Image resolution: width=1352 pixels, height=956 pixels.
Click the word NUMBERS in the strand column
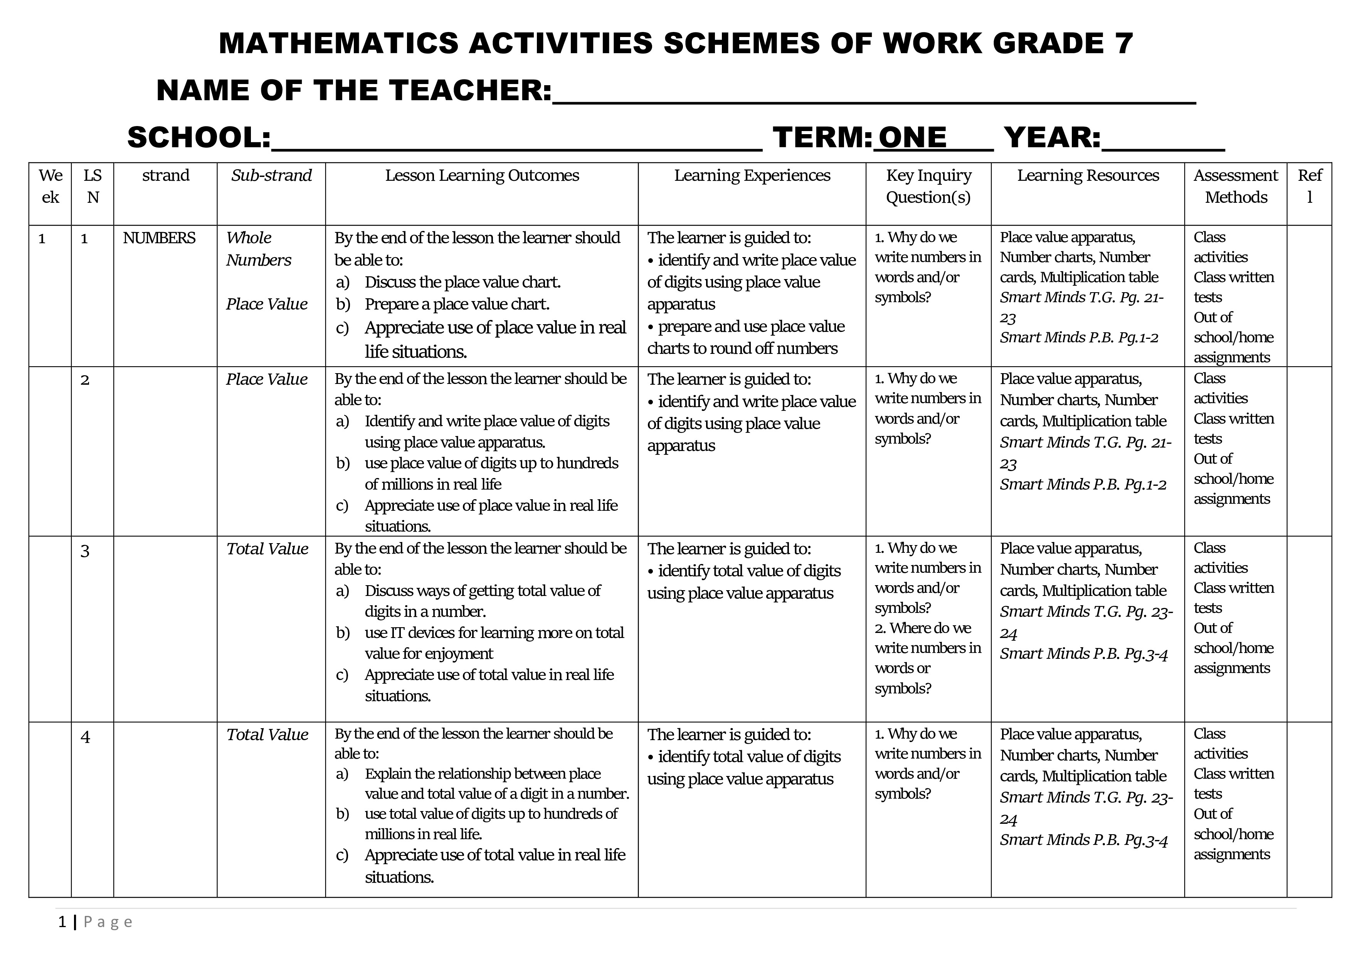159,238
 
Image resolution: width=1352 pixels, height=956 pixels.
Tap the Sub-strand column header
271,175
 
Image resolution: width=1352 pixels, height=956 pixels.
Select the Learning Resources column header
1088,175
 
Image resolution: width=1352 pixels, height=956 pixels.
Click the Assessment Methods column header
1235,186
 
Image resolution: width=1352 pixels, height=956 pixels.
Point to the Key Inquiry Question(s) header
928,186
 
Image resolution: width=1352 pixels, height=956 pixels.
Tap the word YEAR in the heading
1051,137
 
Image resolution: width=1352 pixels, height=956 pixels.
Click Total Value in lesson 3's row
267,549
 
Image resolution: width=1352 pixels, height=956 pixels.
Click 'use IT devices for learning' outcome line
493,633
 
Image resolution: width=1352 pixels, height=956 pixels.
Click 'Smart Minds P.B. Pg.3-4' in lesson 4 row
1083,840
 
